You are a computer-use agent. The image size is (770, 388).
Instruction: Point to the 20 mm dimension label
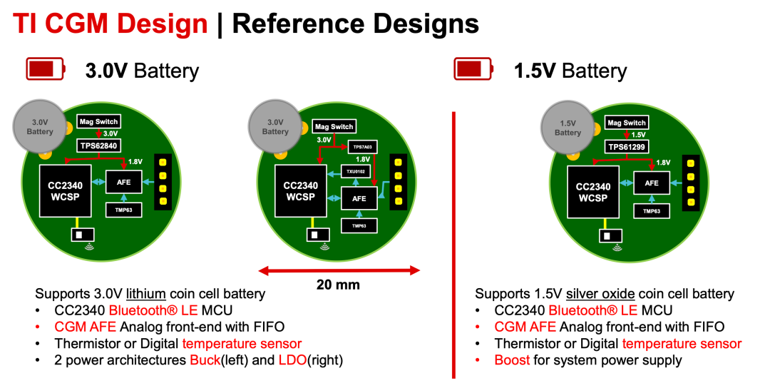(x=338, y=285)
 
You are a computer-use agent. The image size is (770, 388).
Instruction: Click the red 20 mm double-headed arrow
(x=339, y=270)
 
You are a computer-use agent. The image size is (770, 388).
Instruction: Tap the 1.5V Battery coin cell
(x=568, y=128)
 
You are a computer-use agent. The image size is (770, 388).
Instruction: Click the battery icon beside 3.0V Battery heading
(x=45, y=69)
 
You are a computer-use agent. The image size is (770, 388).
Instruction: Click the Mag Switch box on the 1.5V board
(x=627, y=123)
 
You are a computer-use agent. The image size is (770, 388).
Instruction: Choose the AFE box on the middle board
(x=359, y=198)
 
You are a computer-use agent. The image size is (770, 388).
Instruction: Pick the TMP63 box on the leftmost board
(x=123, y=210)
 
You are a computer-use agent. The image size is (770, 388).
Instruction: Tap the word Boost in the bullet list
(x=512, y=360)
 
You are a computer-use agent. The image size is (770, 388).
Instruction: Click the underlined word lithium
(x=148, y=294)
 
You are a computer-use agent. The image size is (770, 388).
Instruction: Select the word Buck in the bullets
(x=205, y=360)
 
